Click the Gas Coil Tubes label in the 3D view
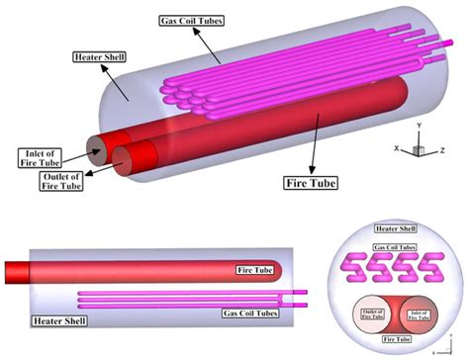192,21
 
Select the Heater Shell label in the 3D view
100,57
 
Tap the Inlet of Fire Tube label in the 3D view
40,158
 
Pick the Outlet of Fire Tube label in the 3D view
61,181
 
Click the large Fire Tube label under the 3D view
311,183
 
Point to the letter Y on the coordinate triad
419,126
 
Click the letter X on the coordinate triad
397,148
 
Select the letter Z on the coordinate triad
442,150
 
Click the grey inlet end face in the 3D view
98,151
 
